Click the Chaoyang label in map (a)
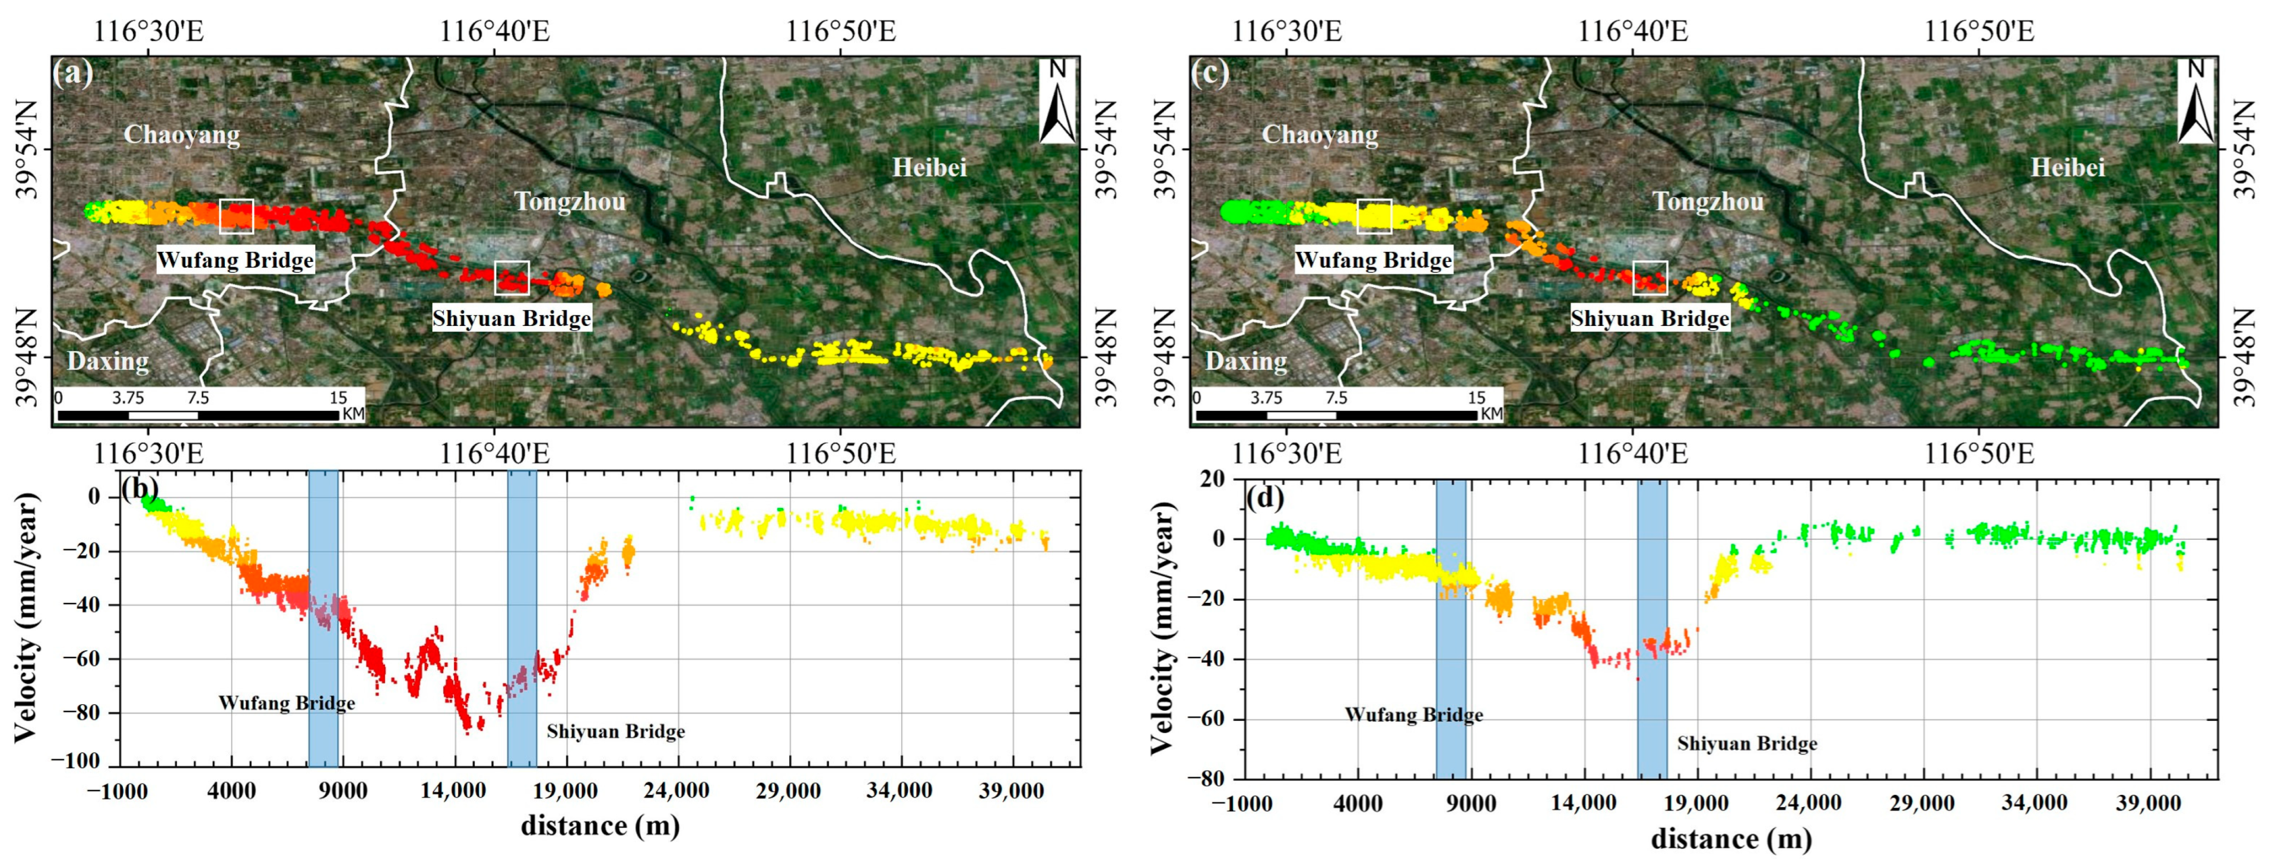pyautogui.click(x=182, y=135)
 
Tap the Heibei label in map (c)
pyautogui.click(x=2067, y=167)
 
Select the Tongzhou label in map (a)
pyautogui.click(x=570, y=202)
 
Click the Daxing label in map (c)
pyautogui.click(x=1245, y=361)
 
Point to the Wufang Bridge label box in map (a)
pyautogui.click(x=235, y=261)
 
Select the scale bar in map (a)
pyautogui.click(x=198, y=414)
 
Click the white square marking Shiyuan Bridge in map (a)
pyautogui.click(x=511, y=277)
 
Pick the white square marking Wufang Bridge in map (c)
pyautogui.click(x=1374, y=216)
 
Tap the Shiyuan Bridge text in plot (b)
pyautogui.click(x=616, y=731)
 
